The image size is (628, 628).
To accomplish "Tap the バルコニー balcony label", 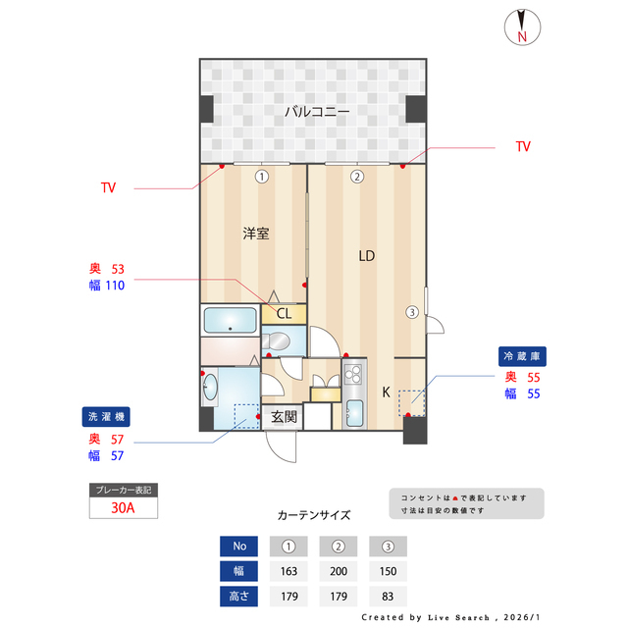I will pyautogui.click(x=317, y=112).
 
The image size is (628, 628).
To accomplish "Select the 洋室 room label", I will pyautogui.click(x=256, y=234).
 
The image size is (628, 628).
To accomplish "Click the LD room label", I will pyautogui.click(x=366, y=256).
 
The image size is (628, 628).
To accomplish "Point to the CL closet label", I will pyautogui.click(x=284, y=314).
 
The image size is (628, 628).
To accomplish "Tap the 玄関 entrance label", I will pyautogui.click(x=284, y=417).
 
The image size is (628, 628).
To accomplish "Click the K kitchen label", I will pyautogui.click(x=386, y=392).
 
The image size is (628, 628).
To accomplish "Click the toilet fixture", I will pyautogui.click(x=279, y=342).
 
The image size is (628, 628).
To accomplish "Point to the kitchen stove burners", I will pyautogui.click(x=353, y=374).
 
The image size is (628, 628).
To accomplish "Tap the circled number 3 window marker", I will pyautogui.click(x=412, y=313).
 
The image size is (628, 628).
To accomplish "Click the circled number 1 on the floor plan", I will pyautogui.click(x=261, y=177).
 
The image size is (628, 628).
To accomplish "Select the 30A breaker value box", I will pyautogui.click(x=123, y=508).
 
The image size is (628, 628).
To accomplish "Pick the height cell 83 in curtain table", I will pyautogui.click(x=388, y=595).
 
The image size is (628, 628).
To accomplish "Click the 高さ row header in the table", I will pyautogui.click(x=238, y=595).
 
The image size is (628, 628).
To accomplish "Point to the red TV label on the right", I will pyautogui.click(x=523, y=146).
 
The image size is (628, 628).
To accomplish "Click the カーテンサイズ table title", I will pyautogui.click(x=313, y=514).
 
